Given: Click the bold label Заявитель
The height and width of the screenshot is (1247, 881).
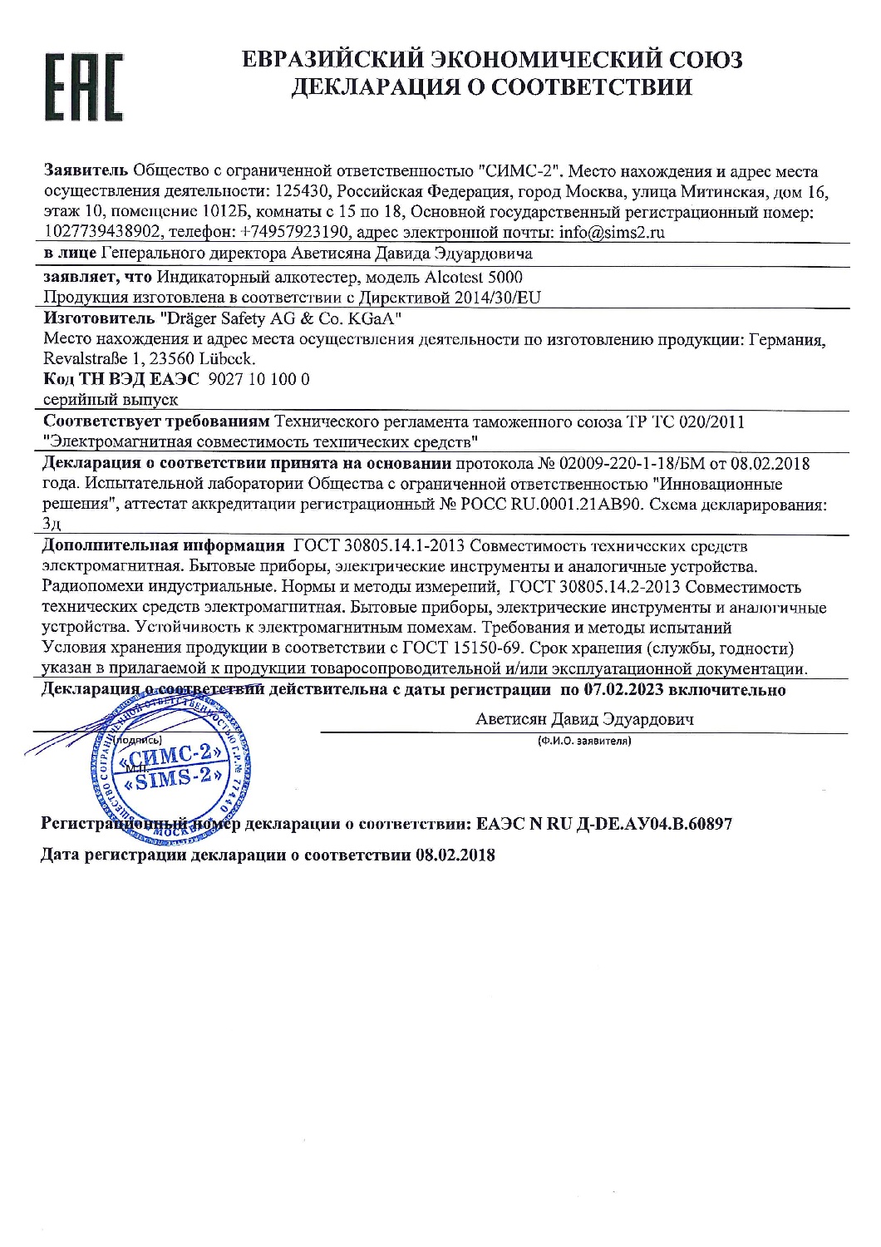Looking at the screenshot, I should (86, 171).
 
